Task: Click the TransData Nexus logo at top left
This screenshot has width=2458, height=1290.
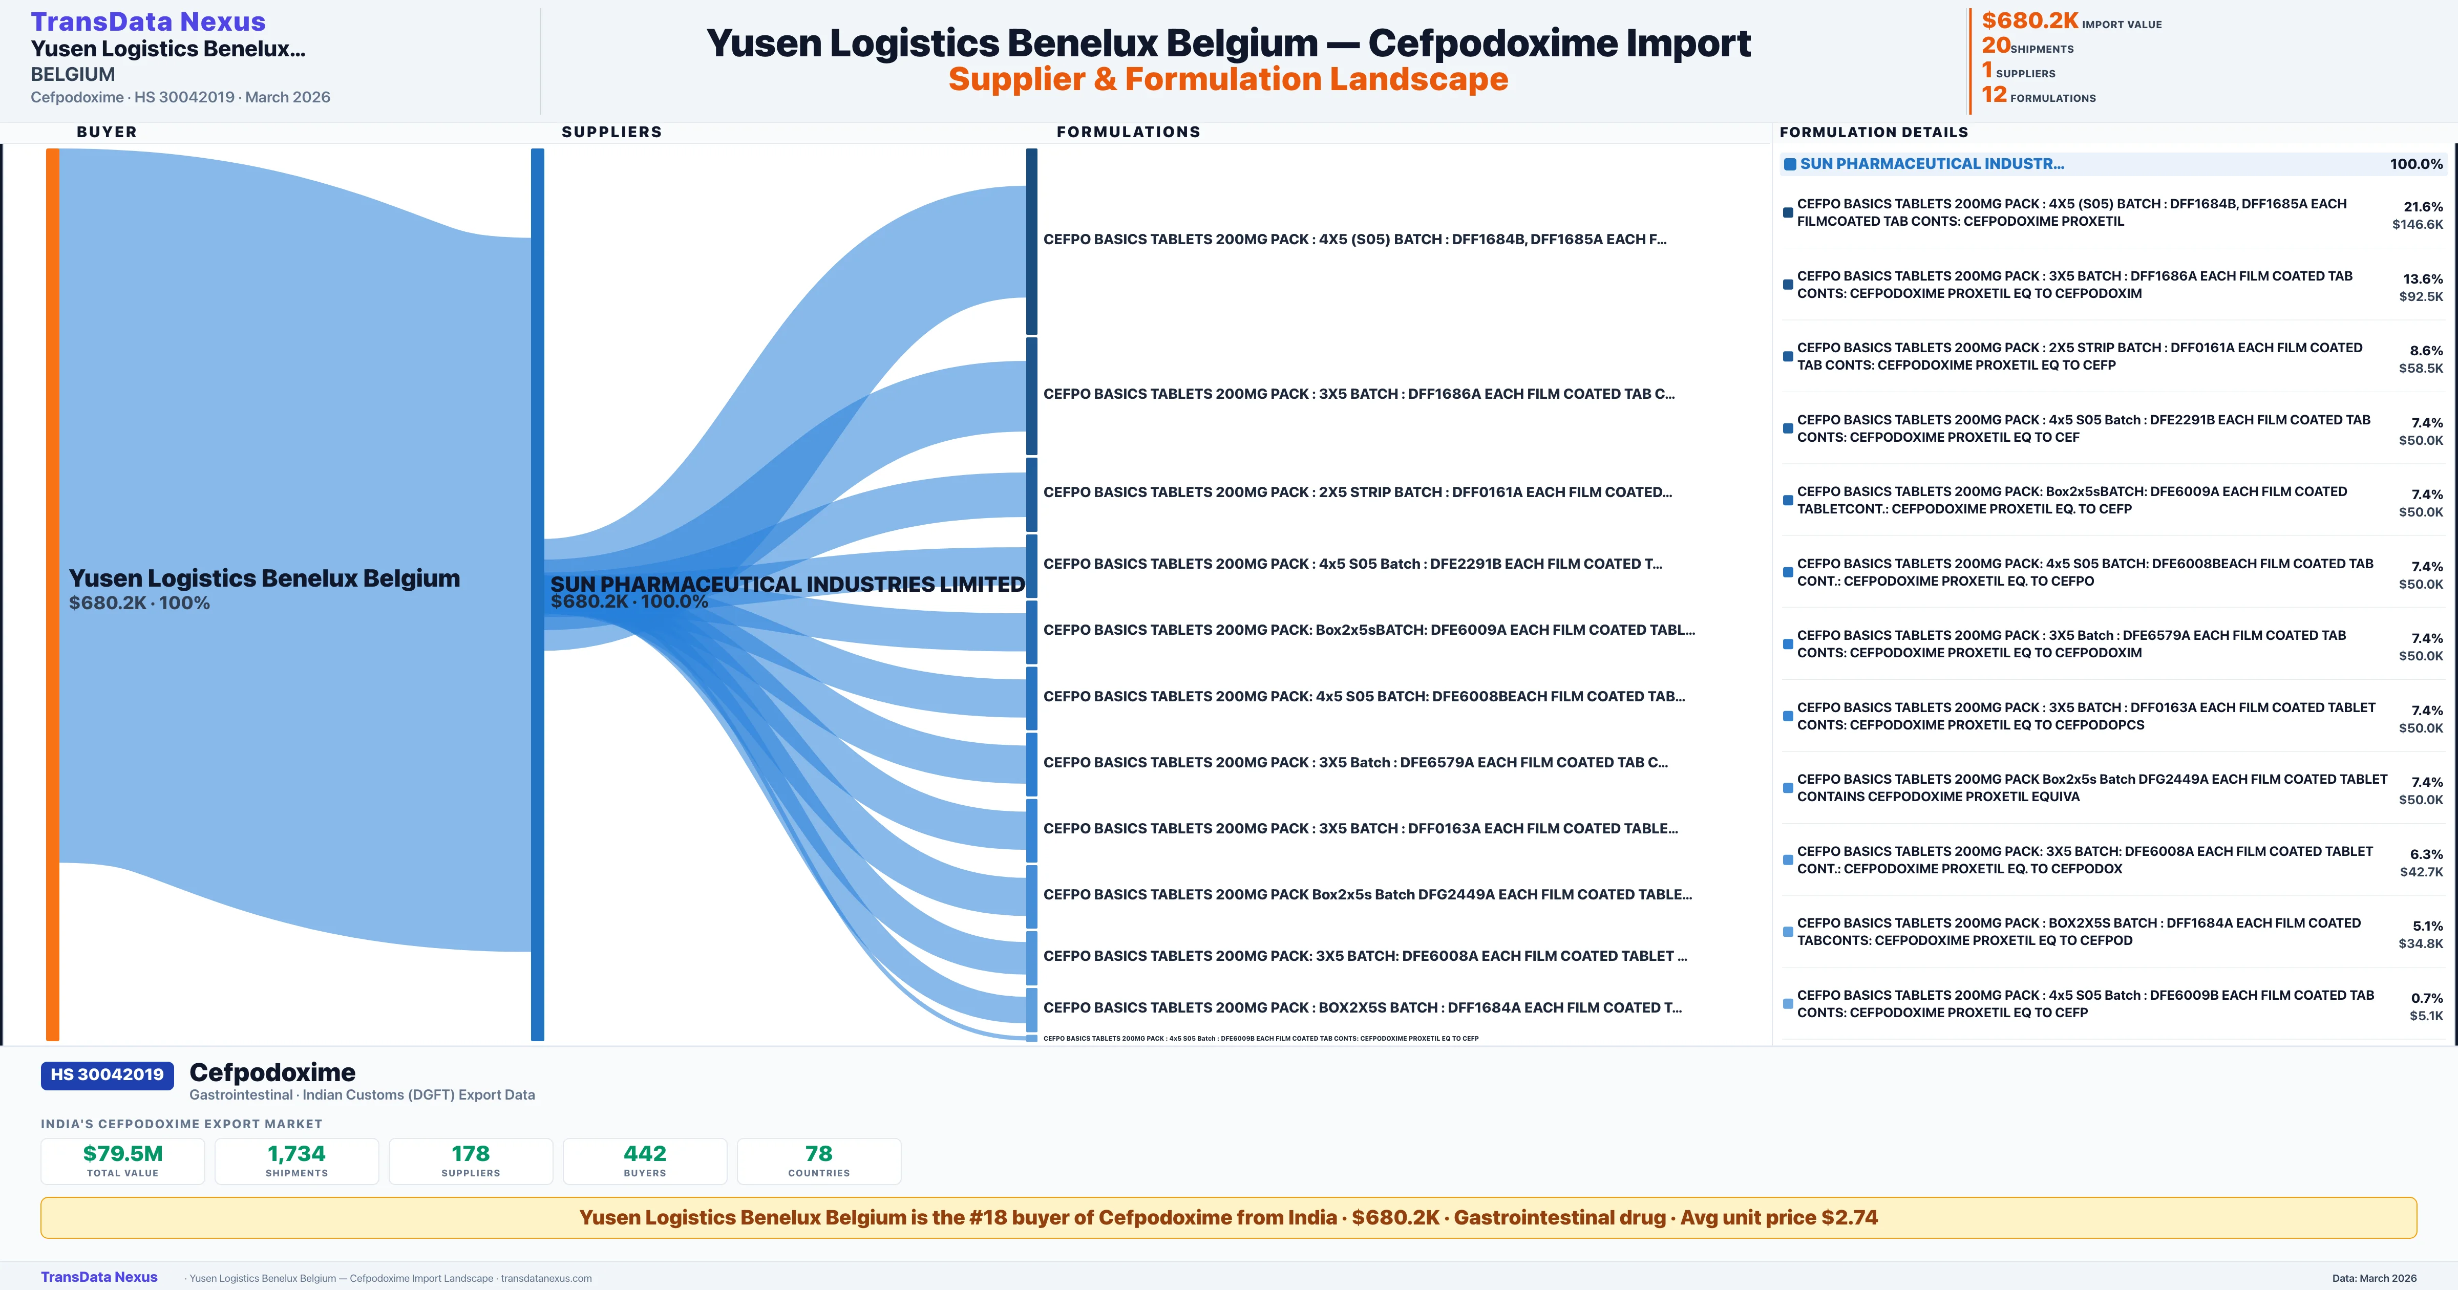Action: click(148, 21)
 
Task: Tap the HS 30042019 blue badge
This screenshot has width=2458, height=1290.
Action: click(107, 1074)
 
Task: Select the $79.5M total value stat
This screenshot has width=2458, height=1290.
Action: click(123, 1153)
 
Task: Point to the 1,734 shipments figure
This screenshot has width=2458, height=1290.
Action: click(297, 1153)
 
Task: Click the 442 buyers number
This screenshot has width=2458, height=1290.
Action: click(645, 1153)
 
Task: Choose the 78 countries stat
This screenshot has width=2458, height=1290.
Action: click(819, 1153)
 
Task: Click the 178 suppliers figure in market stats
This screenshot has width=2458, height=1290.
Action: click(471, 1153)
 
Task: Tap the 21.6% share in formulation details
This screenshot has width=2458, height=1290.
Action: click(2423, 207)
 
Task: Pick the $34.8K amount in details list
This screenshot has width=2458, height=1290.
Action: click(2421, 943)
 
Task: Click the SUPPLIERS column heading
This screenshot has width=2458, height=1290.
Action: click(611, 132)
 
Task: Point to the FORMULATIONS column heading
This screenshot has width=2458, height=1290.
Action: click(1128, 132)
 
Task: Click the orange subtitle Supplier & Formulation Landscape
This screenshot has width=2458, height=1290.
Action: click(1228, 79)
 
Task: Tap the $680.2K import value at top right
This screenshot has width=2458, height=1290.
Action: click(2029, 20)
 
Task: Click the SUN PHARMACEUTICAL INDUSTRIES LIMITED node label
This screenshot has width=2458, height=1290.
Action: click(787, 584)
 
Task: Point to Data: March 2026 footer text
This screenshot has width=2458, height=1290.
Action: click(2374, 1278)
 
